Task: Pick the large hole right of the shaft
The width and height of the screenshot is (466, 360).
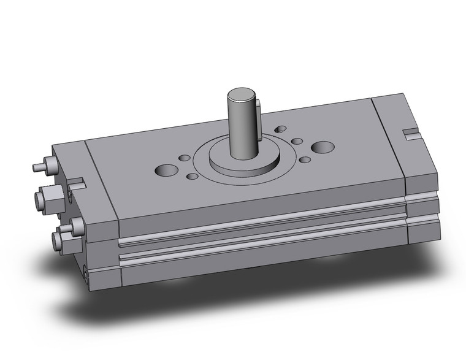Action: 323,147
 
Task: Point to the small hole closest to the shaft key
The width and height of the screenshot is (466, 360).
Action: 281,129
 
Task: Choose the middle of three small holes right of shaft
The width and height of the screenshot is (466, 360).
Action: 297,142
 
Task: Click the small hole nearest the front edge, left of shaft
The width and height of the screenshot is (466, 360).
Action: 192,177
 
